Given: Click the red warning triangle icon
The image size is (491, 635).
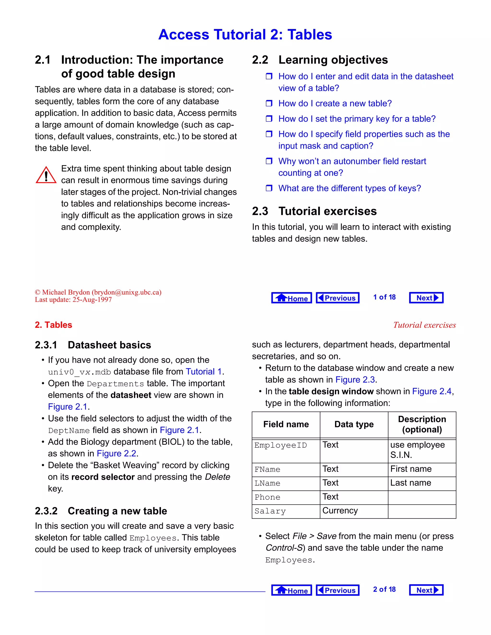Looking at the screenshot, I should pos(46,175).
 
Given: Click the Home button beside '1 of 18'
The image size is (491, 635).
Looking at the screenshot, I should pos(292,298).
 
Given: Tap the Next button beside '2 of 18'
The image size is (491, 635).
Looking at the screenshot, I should pos(426,590).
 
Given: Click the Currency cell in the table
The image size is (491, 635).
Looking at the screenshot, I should pos(340,511).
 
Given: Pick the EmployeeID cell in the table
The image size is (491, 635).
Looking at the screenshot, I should pos(281,445).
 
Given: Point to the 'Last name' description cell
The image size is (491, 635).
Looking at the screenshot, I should pos(410,483).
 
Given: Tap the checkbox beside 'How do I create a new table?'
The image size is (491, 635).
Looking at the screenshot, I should pos(269,103).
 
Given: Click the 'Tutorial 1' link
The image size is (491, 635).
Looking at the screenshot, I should pos(204,372).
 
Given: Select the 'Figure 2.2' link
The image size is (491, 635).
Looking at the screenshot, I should pos(116,454).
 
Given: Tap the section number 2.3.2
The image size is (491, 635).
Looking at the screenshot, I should pos(46,511).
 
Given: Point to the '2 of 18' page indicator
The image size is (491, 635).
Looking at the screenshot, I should pos(384,589).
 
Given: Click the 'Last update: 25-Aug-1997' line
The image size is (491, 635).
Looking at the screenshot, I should pos(73,300).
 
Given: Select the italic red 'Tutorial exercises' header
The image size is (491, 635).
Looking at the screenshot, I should pos(424,325).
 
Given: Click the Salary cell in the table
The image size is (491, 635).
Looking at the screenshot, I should pos(270,511).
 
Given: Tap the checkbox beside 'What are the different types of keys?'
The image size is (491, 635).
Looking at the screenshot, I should pos(269,188).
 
